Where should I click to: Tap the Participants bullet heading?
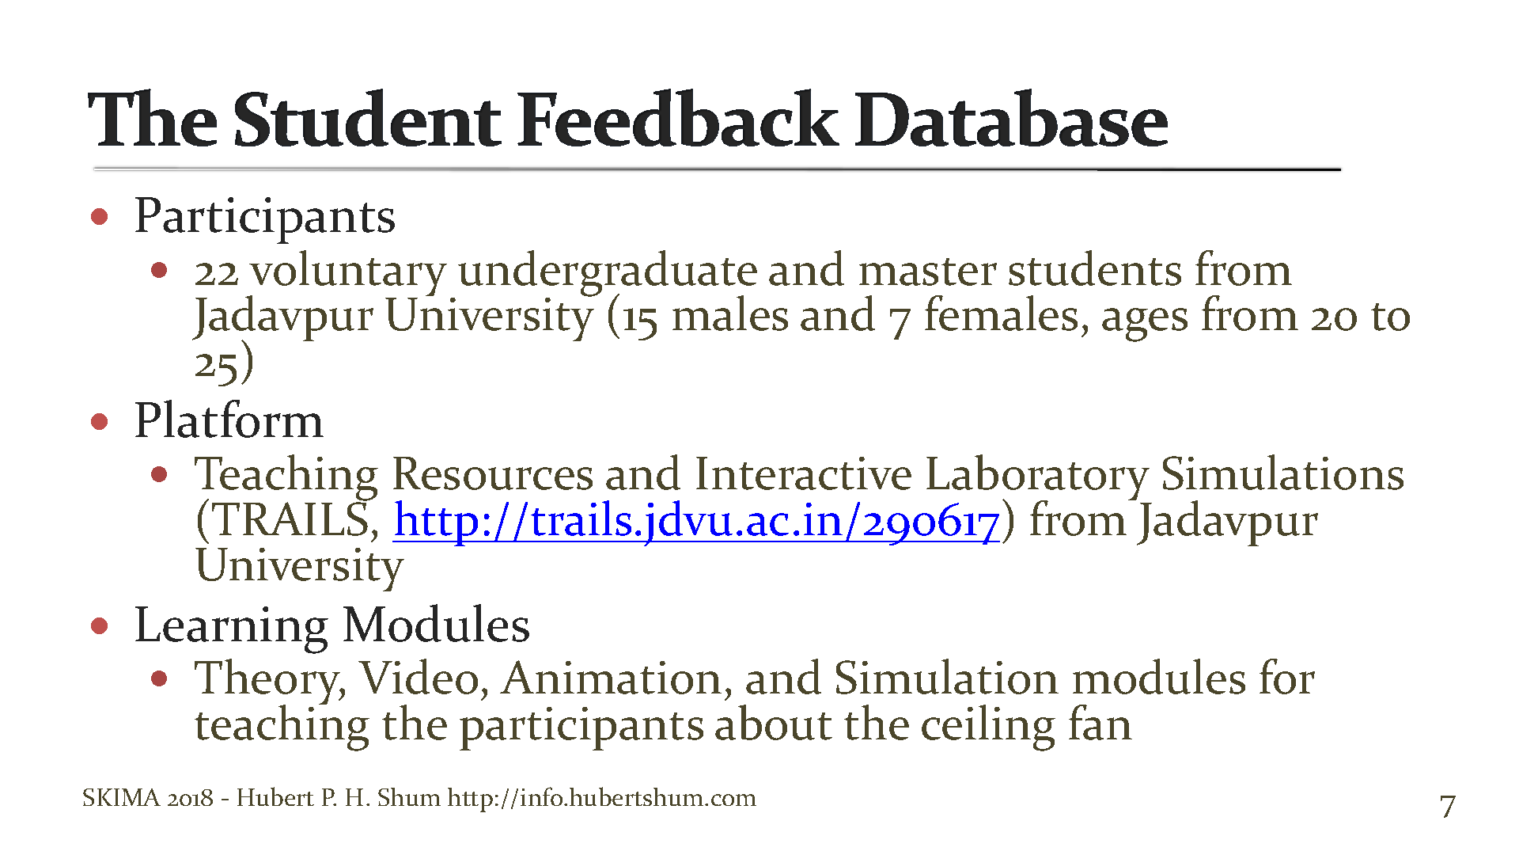point(265,216)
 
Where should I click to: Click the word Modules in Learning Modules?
point(436,625)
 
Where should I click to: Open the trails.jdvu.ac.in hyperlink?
point(696,522)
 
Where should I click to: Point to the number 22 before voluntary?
point(216,272)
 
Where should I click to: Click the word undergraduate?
point(607,272)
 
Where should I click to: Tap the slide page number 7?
point(1447,807)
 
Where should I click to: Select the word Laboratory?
point(1036,475)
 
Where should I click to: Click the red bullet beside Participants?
point(100,216)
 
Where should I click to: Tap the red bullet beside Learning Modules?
point(100,626)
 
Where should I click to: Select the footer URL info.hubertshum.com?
point(601,797)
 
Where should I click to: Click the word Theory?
point(270,679)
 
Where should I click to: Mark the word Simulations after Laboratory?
point(1282,475)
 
